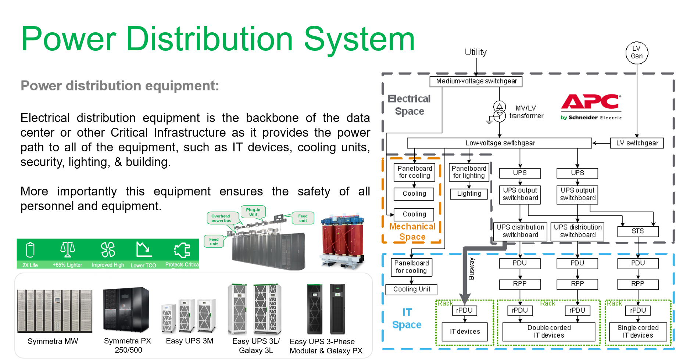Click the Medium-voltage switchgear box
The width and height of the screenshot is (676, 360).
476,81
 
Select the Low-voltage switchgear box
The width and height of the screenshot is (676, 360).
500,143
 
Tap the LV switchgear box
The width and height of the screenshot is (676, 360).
637,143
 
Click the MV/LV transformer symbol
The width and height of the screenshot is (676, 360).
499,111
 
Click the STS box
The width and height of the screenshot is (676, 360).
638,231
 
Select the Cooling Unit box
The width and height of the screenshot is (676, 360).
411,289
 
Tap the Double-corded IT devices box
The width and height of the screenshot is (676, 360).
548,331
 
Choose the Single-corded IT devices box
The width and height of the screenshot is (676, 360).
638,331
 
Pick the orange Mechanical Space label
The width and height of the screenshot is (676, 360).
412,232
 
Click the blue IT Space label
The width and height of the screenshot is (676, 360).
407,318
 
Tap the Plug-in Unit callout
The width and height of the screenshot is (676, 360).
253,212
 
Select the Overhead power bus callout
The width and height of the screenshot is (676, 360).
221,218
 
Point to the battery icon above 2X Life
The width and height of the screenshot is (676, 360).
30,250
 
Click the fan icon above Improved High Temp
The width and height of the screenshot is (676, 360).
108,250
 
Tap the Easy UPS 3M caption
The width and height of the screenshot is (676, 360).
189,341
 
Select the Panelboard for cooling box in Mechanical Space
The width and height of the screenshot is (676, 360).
414,172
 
